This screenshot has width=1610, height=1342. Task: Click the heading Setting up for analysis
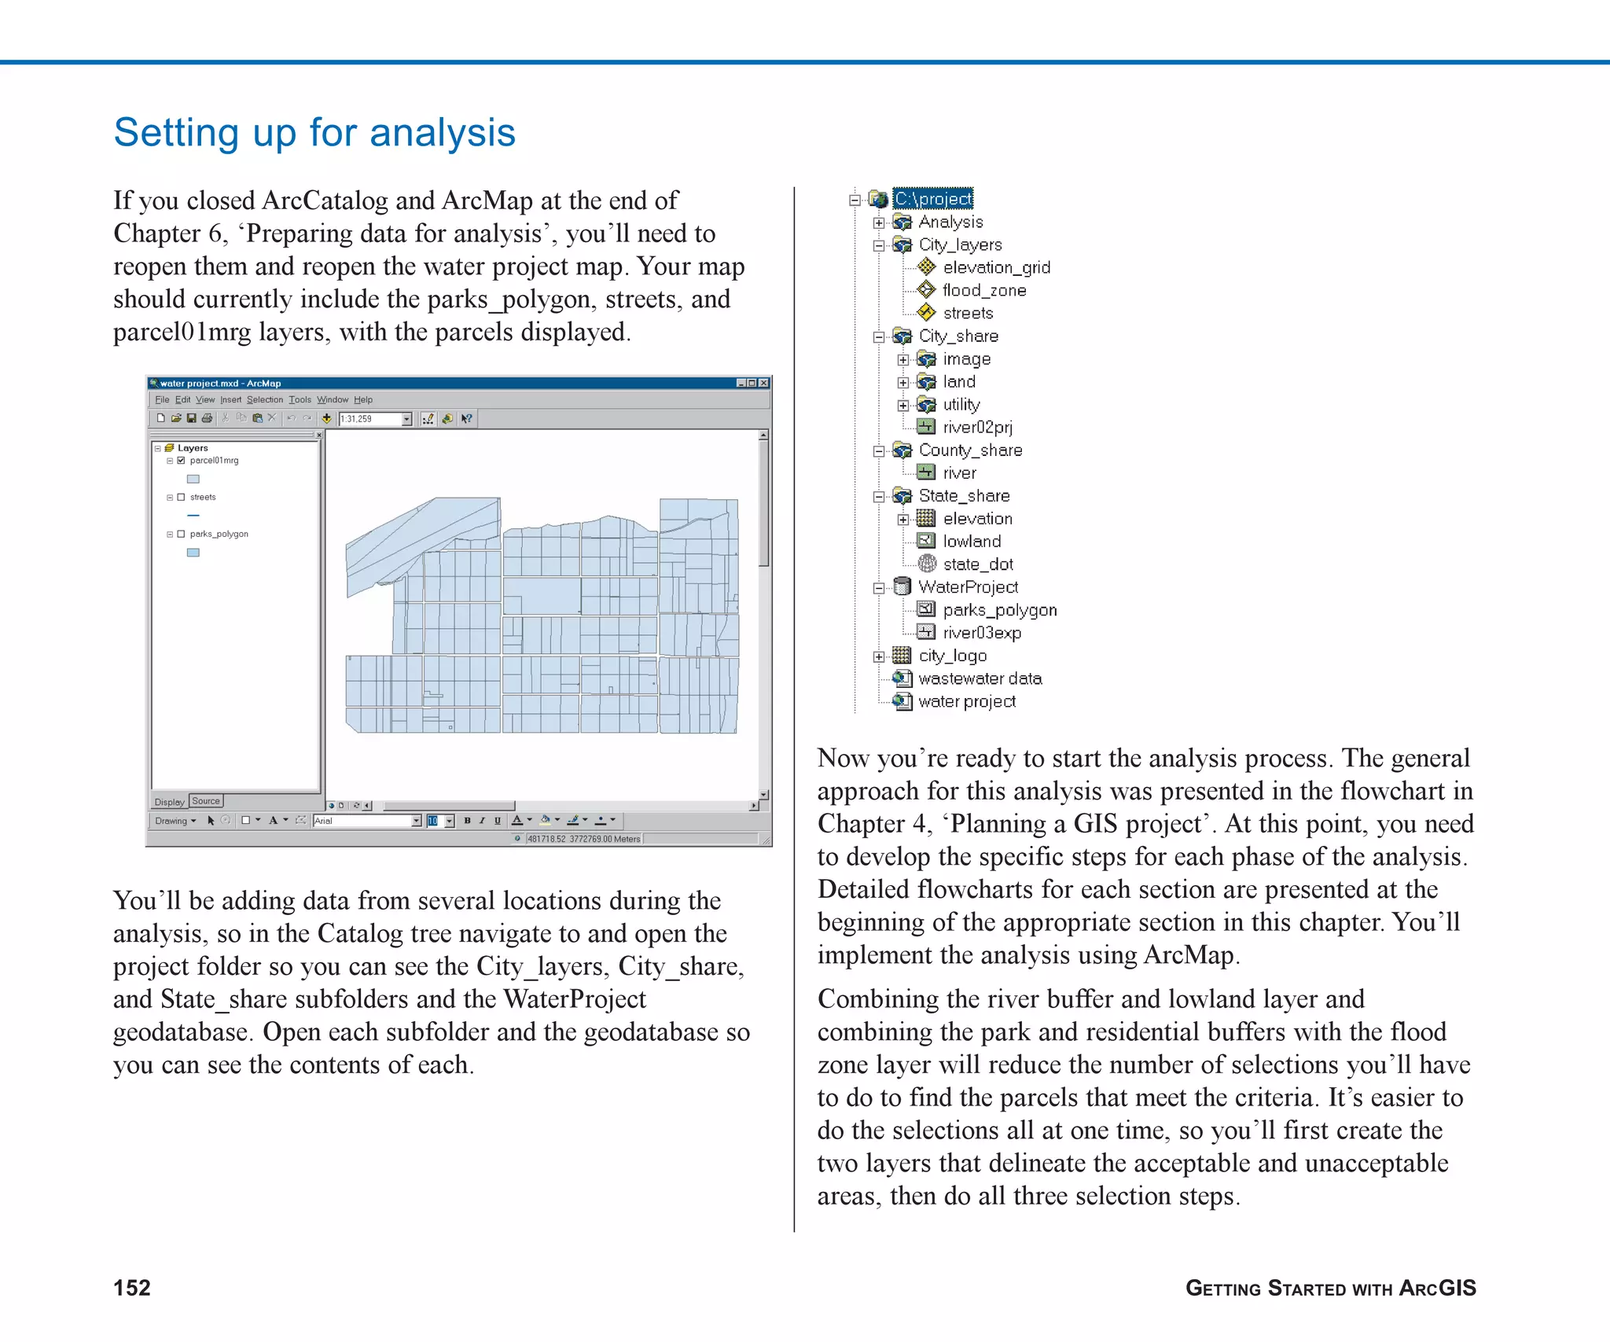pos(314,132)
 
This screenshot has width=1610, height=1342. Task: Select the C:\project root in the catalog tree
pos(933,199)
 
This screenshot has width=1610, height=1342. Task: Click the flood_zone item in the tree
pos(983,290)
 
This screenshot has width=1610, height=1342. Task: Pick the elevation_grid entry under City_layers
pos(996,267)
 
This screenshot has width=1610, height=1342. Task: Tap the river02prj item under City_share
pos(977,427)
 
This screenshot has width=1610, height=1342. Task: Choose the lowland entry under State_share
pos(972,541)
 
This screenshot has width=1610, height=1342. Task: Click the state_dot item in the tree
pos(977,564)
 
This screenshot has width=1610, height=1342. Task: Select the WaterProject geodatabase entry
pos(968,586)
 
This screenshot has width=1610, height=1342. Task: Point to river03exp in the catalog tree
pos(982,632)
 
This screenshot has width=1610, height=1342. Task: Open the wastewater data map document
pos(980,678)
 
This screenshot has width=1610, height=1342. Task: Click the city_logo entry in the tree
pos(952,655)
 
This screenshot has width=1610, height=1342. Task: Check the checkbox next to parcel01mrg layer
pos(181,461)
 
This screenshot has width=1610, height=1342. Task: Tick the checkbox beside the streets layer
pos(181,497)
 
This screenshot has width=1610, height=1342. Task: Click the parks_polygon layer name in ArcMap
pos(219,534)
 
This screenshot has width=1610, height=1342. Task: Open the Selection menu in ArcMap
pos(264,399)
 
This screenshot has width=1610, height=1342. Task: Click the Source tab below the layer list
pos(206,801)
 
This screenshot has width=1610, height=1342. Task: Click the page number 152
pos(131,1287)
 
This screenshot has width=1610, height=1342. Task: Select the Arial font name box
pos(362,821)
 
